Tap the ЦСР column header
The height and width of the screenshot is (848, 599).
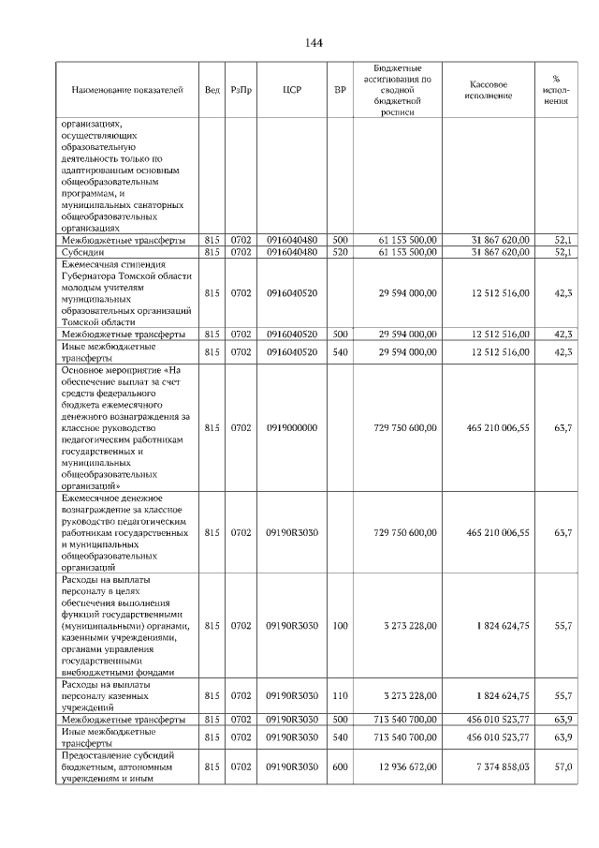coord(291,90)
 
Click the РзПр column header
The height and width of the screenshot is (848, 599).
coord(241,90)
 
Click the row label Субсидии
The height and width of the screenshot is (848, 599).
coord(83,252)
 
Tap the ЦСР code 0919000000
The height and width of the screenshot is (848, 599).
coord(291,427)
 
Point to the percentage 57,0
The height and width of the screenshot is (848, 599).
coord(562,766)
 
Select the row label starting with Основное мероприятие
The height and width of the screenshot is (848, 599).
coord(128,427)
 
